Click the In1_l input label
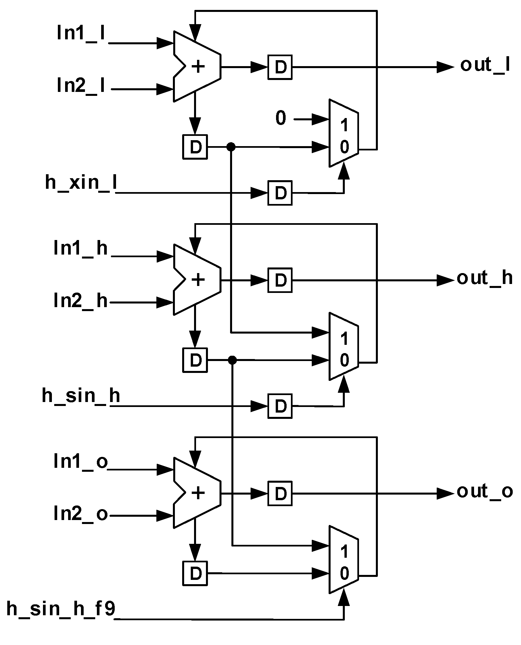coord(81,34)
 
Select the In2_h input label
coord(81,302)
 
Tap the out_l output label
coord(485,65)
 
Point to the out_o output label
coord(485,492)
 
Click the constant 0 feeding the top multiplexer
coord(281,118)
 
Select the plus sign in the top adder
coord(198,67)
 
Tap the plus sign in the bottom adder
coord(198,493)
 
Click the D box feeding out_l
coord(280,67)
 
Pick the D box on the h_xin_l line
coord(280,193)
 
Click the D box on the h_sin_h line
coord(280,406)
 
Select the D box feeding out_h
coord(280,280)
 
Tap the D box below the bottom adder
coord(195,573)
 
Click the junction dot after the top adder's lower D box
coord(231,147)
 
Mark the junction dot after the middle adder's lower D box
coord(232,360)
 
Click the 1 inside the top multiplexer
coord(344,126)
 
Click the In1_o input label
coord(81,461)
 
